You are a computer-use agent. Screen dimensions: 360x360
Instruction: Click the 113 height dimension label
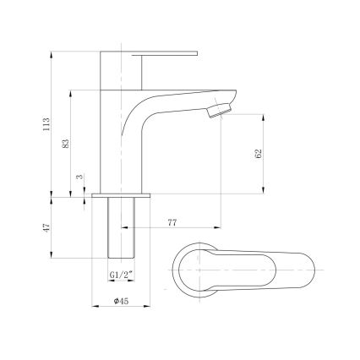(46, 125)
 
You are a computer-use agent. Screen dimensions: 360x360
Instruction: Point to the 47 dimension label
(46, 228)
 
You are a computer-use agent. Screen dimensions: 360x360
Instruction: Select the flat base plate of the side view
(121, 195)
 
